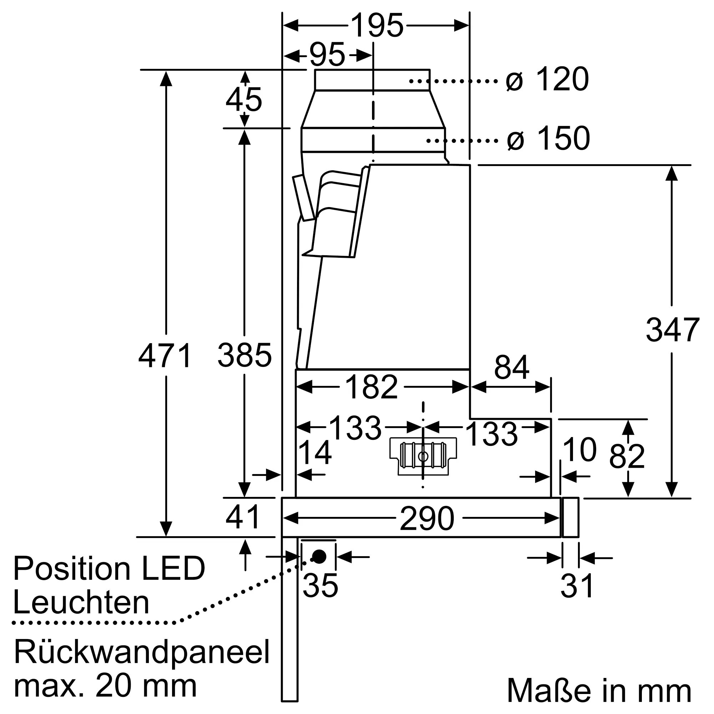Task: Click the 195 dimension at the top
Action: coord(377,25)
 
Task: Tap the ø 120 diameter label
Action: coord(547,79)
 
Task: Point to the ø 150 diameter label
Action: coord(548,139)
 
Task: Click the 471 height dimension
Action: coord(165,355)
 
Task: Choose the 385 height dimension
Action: coord(245,355)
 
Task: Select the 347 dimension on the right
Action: coord(672,330)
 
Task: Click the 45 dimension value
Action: coord(244,100)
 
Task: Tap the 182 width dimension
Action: coord(371,387)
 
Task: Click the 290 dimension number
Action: coord(427,518)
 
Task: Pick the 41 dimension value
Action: coord(243,517)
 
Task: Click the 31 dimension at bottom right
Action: coord(577,586)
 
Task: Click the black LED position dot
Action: coord(319,557)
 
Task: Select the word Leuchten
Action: coord(81,603)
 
